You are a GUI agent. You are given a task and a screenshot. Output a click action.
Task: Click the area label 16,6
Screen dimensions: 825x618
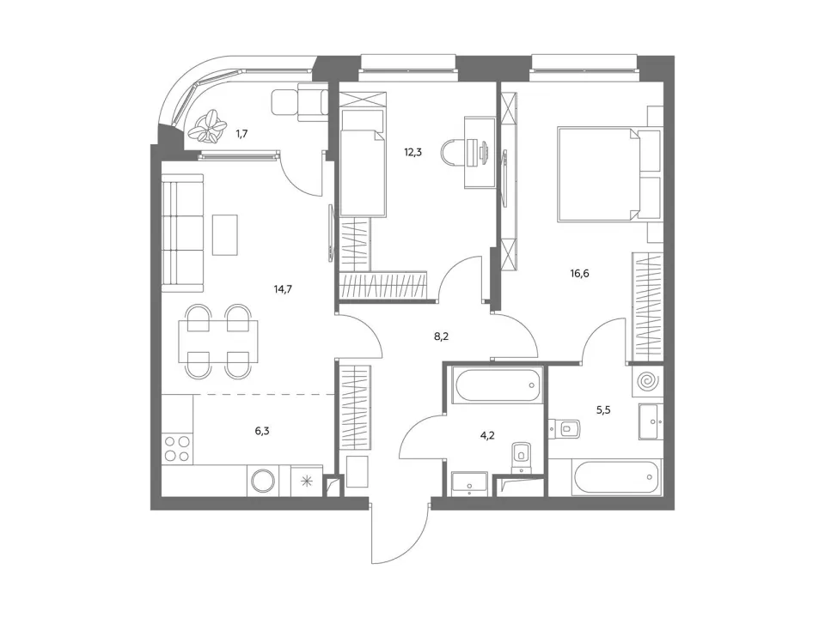579,273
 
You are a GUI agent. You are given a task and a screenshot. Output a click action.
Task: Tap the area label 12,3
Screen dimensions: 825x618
413,153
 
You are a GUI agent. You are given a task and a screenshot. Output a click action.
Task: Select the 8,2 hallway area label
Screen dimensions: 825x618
441,336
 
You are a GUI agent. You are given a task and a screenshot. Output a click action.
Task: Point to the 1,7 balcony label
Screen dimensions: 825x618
241,134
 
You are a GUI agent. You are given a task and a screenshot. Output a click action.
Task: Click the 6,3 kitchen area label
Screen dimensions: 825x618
262,431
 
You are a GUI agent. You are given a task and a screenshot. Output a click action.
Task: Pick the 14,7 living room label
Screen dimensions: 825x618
283,288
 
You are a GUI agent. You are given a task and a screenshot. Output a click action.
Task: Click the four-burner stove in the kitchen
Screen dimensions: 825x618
177,448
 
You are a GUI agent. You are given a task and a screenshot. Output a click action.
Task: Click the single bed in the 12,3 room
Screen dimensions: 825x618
364,163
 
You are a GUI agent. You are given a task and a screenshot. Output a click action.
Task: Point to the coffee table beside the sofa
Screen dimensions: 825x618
224,235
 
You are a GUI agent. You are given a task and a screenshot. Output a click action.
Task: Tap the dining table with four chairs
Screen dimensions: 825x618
218,342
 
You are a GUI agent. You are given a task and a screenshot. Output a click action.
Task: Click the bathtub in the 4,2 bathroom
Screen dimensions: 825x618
497,385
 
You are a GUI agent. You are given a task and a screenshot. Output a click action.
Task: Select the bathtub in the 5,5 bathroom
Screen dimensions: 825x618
615,476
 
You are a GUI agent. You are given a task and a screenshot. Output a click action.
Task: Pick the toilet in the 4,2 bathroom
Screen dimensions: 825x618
521,457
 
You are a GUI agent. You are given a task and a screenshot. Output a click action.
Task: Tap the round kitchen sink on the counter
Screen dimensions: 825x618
263,481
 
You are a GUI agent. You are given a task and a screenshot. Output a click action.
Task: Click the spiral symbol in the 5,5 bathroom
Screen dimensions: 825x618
647,381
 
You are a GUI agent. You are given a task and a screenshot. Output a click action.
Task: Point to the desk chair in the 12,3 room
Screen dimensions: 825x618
454,153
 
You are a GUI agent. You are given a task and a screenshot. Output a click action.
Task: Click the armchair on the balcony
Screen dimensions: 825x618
298,101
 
